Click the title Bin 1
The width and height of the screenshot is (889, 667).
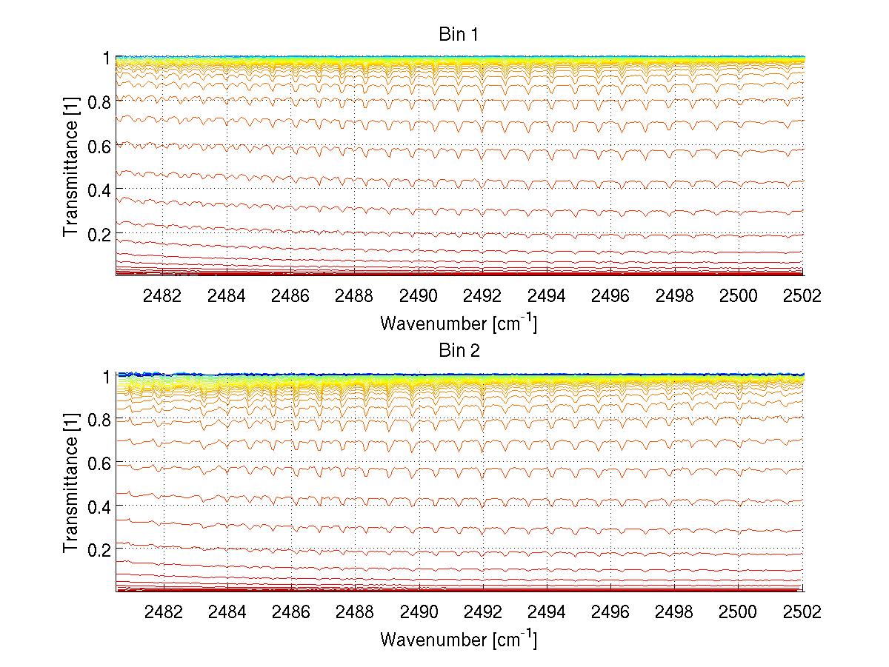tap(459, 35)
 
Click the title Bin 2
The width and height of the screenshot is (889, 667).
tap(459, 351)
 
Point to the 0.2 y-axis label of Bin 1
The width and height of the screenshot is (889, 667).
tap(99, 234)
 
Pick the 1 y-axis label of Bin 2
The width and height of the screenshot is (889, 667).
tap(107, 376)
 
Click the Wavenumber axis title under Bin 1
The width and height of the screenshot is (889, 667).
tap(459, 323)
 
